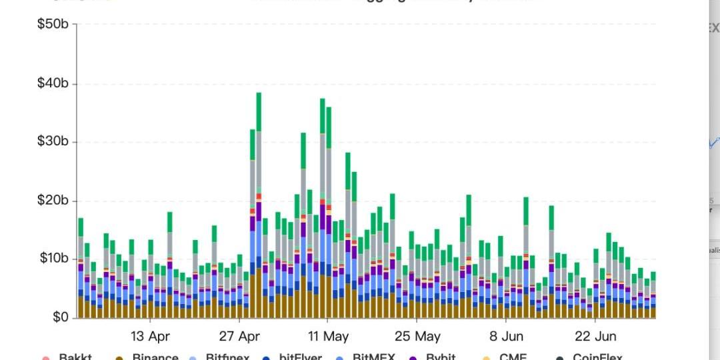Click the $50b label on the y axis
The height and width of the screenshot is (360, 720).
point(53,25)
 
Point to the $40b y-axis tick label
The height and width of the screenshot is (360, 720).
point(53,83)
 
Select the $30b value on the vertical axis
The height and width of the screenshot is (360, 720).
point(53,141)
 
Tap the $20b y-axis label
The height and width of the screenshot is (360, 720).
point(53,201)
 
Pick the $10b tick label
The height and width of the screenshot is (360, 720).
point(53,259)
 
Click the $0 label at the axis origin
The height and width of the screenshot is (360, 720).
point(60,317)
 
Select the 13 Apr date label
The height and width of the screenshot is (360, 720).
point(150,335)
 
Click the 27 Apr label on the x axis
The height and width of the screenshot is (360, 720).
point(239,335)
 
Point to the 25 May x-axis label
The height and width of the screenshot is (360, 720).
point(417,335)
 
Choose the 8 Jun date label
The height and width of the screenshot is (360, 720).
point(506,335)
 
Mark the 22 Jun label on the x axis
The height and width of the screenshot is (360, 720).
point(595,335)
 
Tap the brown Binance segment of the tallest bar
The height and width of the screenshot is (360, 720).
point(259,293)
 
